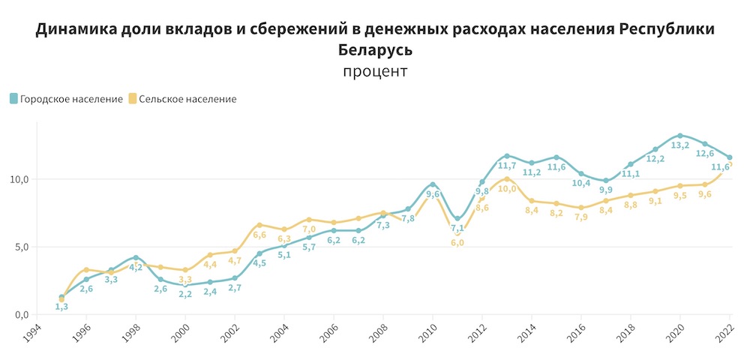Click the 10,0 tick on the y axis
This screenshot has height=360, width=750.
click(x=16, y=179)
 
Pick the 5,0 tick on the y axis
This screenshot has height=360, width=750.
click(x=19, y=247)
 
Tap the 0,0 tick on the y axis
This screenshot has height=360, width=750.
click(x=19, y=314)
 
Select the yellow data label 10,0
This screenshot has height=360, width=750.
click(x=507, y=189)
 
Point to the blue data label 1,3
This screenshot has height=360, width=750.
click(x=61, y=307)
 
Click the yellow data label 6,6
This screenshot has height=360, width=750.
click(x=259, y=235)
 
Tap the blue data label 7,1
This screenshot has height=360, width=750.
click(x=457, y=228)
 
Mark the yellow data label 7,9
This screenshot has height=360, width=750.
click(x=581, y=217)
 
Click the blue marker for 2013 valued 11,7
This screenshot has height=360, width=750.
click(x=507, y=156)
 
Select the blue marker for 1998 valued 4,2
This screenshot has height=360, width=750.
click(x=136, y=257)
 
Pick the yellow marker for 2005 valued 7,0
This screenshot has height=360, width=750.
click(x=309, y=220)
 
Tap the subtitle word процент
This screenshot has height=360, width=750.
click(x=375, y=72)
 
